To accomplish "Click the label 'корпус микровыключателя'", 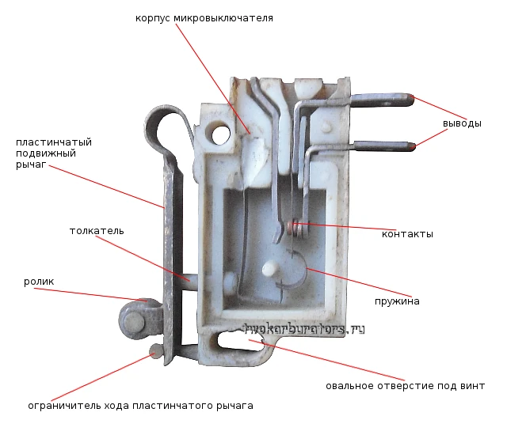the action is point(204,18).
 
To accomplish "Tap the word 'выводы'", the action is point(462,123).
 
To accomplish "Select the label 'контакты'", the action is point(407,234).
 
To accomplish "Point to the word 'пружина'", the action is point(397,301).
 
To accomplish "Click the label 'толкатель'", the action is point(97,231).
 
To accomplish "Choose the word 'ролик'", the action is point(39,282).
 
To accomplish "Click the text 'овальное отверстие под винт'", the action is point(405,386).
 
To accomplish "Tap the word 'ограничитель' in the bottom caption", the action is point(64,406).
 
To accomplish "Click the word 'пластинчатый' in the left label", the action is point(54,142).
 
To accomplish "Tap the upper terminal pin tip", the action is point(411,100).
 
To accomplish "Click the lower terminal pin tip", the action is point(413,146).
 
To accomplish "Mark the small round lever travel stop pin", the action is point(155,351).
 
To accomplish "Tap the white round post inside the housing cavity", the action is point(270,269).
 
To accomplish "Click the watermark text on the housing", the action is point(304,329).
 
